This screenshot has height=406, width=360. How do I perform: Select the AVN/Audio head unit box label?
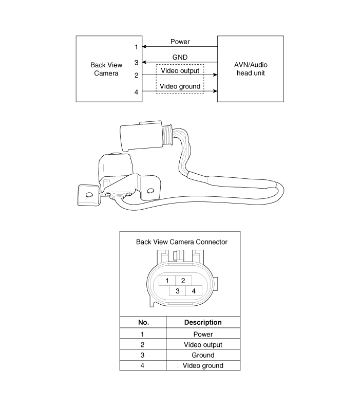pos(251,69)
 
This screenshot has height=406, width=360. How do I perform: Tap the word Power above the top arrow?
pos(180,42)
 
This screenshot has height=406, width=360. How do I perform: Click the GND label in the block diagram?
pos(180,58)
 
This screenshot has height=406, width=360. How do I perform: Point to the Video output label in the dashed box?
pos(180,70)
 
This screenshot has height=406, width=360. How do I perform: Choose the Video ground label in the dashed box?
pos(180,86)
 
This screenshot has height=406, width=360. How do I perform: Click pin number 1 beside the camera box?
pos(136,47)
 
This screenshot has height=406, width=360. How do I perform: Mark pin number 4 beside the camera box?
pos(136,92)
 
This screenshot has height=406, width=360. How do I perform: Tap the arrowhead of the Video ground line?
pos(215,91)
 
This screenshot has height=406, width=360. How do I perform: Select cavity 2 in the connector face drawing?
pos(183,281)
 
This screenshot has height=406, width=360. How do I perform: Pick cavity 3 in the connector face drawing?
pos(177,290)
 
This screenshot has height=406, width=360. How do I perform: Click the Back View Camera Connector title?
pos(181,242)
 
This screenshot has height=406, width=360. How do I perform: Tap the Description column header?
pos(202,323)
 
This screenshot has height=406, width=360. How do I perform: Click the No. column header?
pos(143,323)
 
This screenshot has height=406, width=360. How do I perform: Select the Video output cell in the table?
pos(202,344)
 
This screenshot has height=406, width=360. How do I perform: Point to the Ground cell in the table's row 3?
pos(202,355)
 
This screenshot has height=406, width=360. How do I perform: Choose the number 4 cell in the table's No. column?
pos(142,365)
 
